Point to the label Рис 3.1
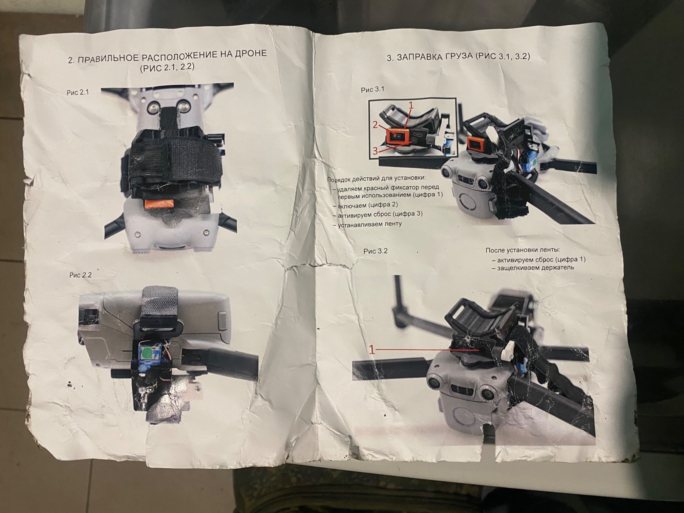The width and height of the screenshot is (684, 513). (x=373, y=90)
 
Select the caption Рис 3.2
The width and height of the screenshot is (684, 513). (x=375, y=251)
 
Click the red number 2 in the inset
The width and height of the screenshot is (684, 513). (x=375, y=125)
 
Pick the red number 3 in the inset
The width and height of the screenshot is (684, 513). (x=375, y=151)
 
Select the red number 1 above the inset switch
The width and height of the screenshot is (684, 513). (x=411, y=106)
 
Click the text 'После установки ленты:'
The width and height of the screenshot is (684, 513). (x=523, y=250)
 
